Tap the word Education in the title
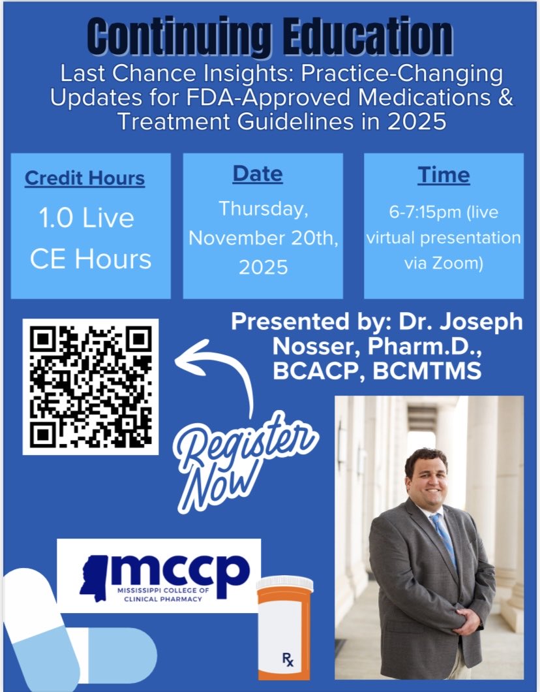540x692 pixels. tap(363, 38)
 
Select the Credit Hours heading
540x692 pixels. tap(85, 178)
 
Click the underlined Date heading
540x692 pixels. tap(258, 174)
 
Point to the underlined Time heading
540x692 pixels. tap(443, 175)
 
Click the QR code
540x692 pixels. tap(91, 386)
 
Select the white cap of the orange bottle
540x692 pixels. tap(285, 583)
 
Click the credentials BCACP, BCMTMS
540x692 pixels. tap(378, 371)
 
